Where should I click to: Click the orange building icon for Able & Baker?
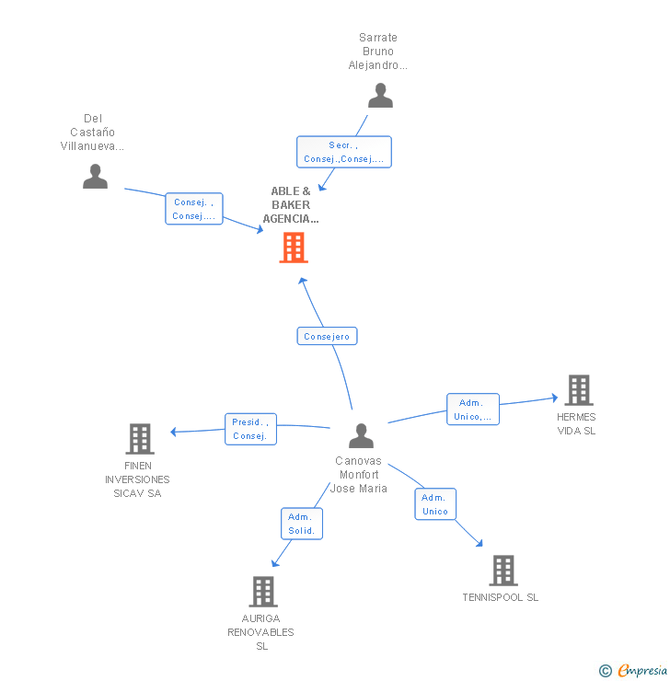[x=294, y=248]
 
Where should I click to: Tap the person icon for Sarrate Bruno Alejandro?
[x=380, y=96]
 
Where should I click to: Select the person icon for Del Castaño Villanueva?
[x=95, y=176]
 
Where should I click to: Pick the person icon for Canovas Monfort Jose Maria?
[x=361, y=435]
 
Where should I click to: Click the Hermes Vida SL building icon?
[x=578, y=390]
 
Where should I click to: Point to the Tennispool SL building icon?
[x=502, y=571]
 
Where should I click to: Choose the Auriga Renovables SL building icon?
[x=263, y=592]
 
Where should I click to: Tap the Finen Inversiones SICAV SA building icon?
[x=139, y=439]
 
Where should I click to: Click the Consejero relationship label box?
[x=327, y=337]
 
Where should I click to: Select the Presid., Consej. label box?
[x=250, y=429]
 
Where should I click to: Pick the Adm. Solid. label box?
[x=302, y=524]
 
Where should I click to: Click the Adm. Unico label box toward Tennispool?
[x=435, y=504]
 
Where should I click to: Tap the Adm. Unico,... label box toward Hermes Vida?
[x=473, y=410]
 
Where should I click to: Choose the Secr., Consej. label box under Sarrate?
[x=343, y=152]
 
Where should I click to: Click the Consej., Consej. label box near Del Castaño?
[x=193, y=209]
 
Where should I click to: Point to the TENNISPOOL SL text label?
[x=501, y=597]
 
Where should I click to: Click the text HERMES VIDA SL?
[x=576, y=424]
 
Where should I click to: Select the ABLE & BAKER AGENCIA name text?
[x=291, y=205]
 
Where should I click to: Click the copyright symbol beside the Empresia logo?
[x=606, y=671]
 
